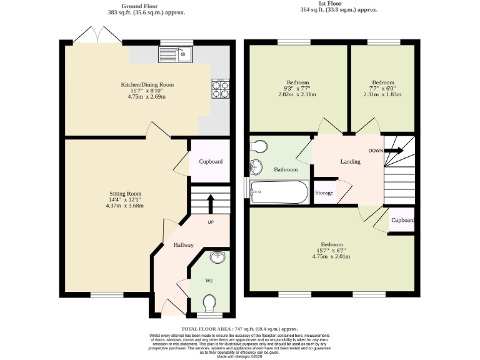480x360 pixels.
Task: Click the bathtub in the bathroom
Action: click(x=279, y=192)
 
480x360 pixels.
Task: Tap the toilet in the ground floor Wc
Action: click(x=209, y=304)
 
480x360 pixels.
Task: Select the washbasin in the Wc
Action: click(x=216, y=257)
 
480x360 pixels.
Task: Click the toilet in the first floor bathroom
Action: click(x=259, y=146)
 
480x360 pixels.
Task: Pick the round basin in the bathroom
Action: click(x=256, y=167)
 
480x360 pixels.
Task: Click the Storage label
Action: click(x=324, y=193)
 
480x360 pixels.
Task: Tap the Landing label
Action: click(x=350, y=162)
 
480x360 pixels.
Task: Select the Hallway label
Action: click(x=183, y=245)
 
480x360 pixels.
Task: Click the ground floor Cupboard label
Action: click(x=211, y=162)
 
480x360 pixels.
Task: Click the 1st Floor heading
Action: click(x=338, y=2)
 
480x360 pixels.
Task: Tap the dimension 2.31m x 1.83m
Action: click(x=382, y=95)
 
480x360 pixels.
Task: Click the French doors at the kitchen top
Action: click(x=98, y=36)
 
